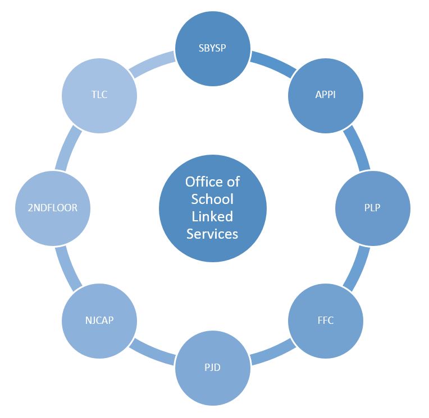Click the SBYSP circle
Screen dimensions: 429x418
(213, 49)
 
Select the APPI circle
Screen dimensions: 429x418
(326, 96)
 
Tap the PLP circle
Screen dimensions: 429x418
(373, 208)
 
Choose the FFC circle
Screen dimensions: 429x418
(326, 321)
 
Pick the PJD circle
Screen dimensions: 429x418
(213, 368)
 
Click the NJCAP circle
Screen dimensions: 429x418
(99, 321)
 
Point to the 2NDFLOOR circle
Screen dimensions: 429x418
(53, 208)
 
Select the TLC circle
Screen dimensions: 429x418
(99, 96)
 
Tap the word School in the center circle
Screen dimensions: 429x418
(212, 199)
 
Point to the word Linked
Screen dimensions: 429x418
(212, 216)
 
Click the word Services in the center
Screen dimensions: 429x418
(212, 234)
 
